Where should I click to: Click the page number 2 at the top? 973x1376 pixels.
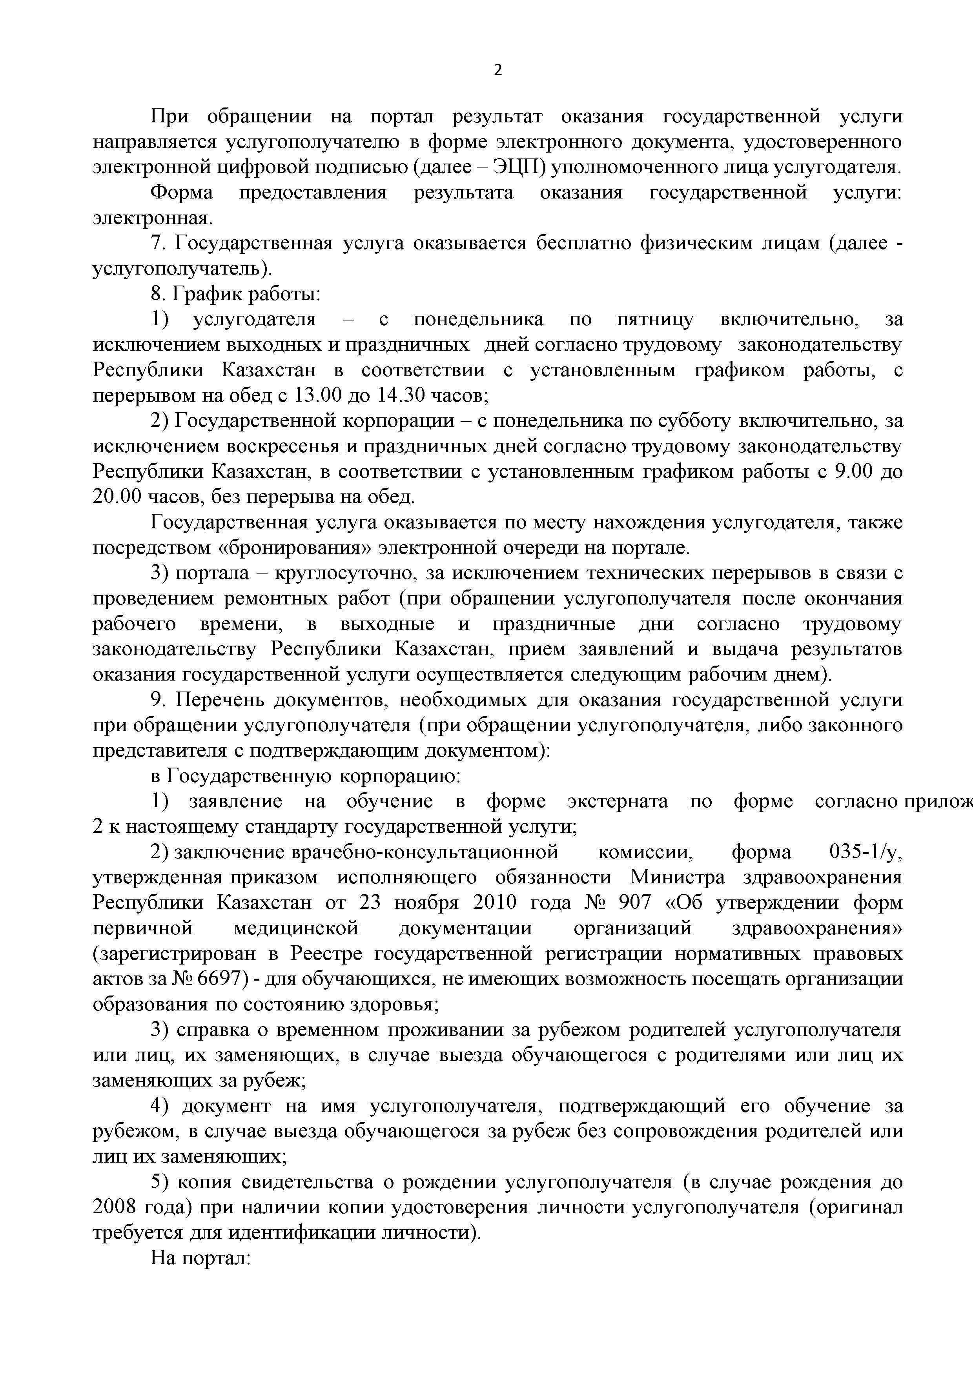click(x=497, y=71)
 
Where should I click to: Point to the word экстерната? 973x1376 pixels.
click(x=618, y=801)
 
